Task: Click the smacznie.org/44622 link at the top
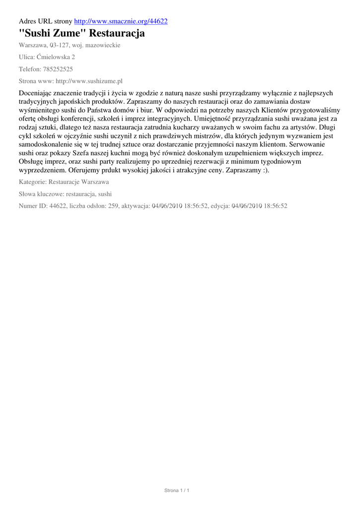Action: (x=121, y=21)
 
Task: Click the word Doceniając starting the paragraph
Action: (x=38, y=93)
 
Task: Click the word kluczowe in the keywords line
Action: (x=51, y=194)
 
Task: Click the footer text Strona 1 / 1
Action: (x=177, y=491)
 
